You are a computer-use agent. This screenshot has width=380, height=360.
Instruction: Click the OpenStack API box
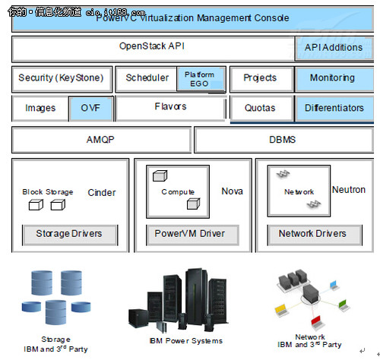152,47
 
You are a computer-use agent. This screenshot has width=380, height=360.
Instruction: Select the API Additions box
333,48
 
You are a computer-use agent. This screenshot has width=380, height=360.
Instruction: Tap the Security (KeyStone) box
61,78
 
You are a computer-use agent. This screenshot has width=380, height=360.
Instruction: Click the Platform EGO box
200,78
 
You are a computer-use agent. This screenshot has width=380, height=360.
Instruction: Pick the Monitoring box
331,78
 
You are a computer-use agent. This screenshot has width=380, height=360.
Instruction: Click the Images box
40,109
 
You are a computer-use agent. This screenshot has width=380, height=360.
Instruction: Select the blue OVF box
90,109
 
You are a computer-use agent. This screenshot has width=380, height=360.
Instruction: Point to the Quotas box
260,109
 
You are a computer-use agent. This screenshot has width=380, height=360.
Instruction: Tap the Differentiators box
334,109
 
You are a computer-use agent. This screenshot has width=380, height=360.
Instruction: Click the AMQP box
101,141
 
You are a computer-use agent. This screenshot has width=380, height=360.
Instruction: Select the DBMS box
282,141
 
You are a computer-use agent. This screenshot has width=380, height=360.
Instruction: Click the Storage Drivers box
68,234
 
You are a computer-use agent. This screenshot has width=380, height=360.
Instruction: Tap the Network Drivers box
312,234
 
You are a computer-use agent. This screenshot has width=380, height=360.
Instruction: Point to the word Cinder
102,193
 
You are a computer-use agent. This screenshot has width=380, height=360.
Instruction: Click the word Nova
232,191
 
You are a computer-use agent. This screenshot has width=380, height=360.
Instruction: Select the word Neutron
348,190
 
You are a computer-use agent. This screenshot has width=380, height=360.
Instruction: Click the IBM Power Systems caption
186,340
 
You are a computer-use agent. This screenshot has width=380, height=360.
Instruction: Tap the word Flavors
170,107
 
